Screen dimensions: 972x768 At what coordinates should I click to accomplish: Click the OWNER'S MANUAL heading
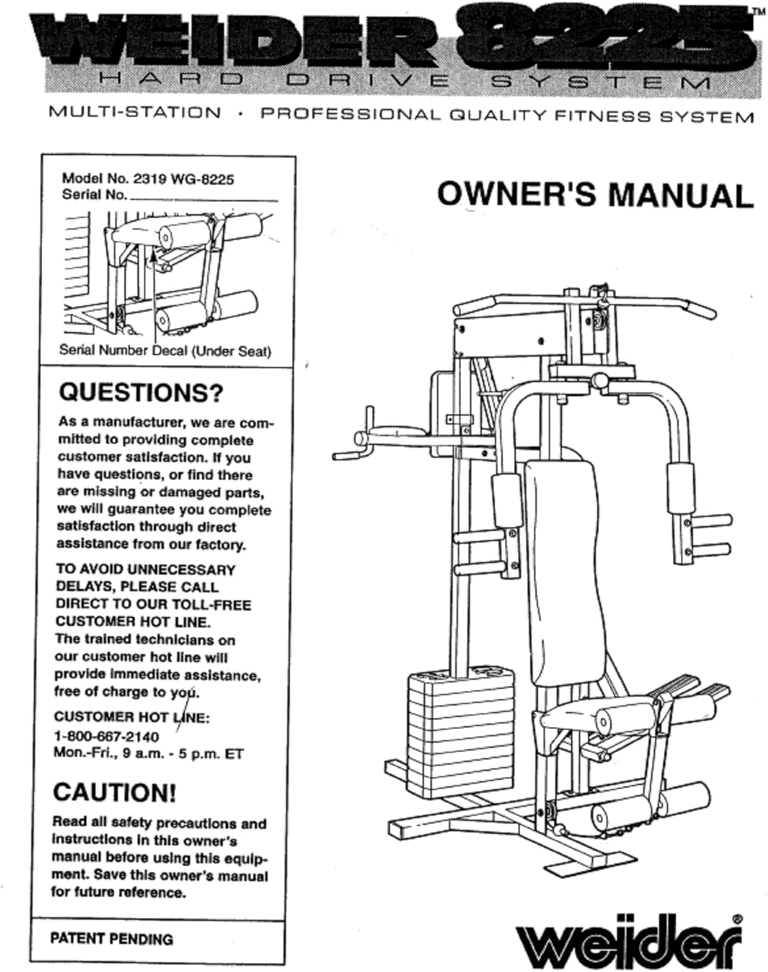(x=594, y=194)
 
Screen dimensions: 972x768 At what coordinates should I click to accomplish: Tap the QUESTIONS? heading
(x=141, y=392)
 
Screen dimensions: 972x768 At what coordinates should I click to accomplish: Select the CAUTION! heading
(x=114, y=793)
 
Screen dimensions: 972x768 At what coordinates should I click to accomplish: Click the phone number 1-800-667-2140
(x=106, y=736)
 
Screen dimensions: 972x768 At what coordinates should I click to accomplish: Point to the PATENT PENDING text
(x=111, y=938)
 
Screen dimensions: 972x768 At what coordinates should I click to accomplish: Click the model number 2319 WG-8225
(x=183, y=179)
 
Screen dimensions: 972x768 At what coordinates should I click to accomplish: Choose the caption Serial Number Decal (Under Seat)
(x=165, y=351)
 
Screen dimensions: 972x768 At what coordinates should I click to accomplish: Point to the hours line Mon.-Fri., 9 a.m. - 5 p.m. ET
(x=148, y=754)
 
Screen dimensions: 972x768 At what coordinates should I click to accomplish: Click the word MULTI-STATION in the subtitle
(x=135, y=112)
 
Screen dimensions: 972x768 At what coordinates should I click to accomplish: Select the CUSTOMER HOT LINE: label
(x=131, y=717)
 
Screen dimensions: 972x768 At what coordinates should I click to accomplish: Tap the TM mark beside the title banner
(x=758, y=11)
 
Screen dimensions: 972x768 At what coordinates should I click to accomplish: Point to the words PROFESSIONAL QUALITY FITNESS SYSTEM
(x=506, y=116)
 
